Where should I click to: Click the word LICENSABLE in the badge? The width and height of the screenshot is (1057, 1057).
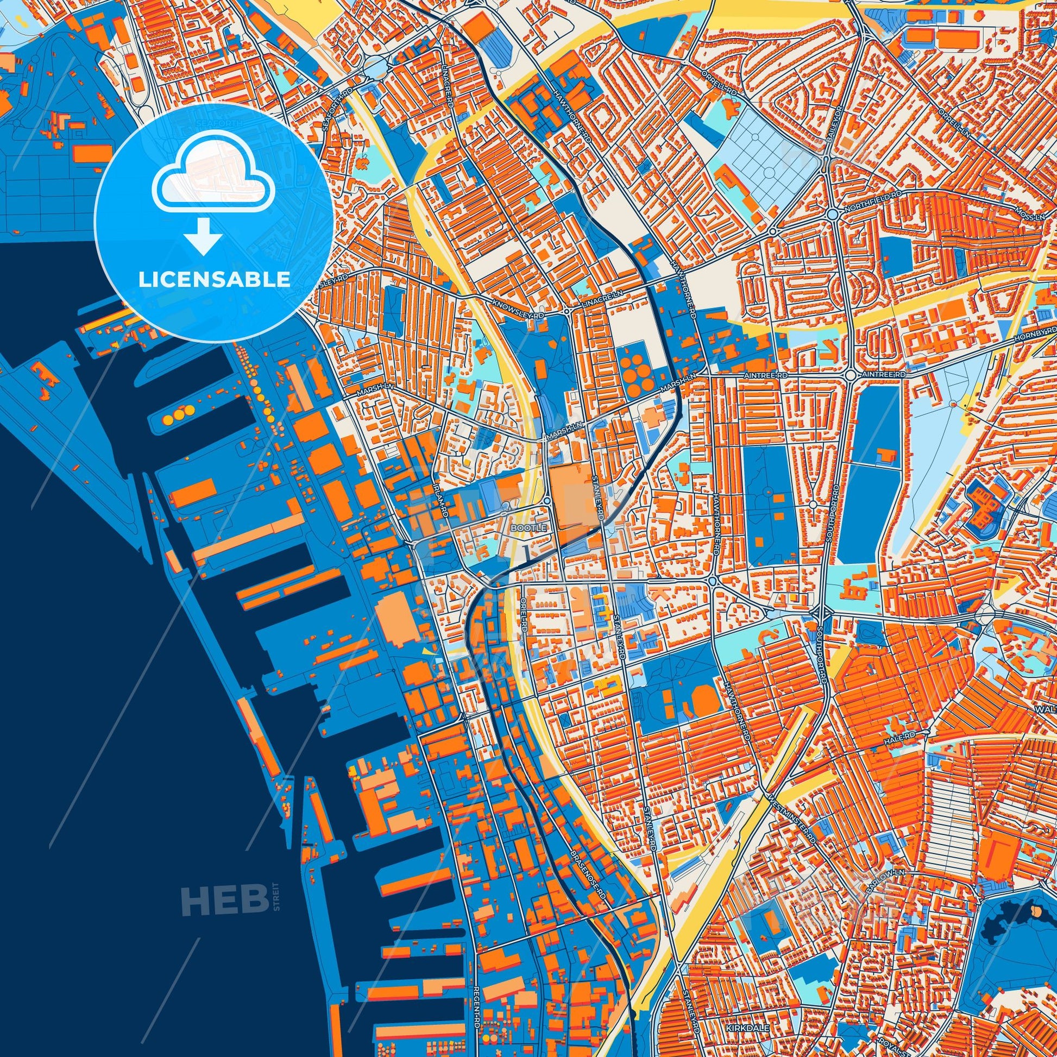tap(215, 280)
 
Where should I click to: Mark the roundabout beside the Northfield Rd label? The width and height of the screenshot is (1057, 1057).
tap(832, 214)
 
